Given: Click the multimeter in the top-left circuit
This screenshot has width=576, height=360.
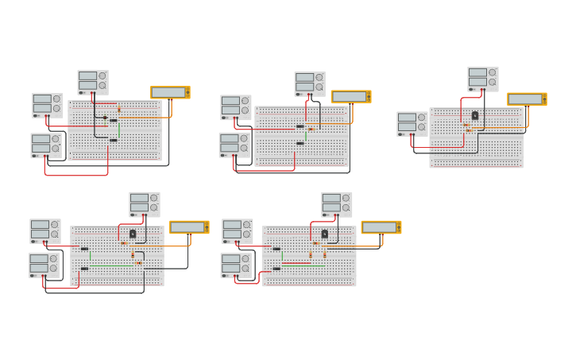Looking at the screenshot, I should (x=170, y=92).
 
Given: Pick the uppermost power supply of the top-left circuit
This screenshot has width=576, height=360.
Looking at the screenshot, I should (x=92, y=82).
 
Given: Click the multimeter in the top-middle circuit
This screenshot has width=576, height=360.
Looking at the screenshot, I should (x=350, y=96).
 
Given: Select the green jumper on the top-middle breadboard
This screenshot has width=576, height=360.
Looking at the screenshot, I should (x=306, y=134).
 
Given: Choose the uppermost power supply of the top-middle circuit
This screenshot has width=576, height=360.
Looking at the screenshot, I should (x=309, y=83).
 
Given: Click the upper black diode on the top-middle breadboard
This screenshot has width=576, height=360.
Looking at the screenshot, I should (x=300, y=126).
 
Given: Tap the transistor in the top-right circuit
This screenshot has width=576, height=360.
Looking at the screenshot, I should (x=475, y=115).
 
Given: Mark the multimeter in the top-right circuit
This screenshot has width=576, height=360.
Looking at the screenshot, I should (x=527, y=99).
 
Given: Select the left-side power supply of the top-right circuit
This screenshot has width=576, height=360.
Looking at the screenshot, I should (x=412, y=123).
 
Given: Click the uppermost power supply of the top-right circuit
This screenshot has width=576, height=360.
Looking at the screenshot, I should (x=482, y=78).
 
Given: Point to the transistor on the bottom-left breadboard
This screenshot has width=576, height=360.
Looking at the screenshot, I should (x=133, y=234).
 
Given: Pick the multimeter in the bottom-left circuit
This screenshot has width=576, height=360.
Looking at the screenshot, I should (x=188, y=227).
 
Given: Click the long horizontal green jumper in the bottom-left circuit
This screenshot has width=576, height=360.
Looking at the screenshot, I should (x=111, y=265).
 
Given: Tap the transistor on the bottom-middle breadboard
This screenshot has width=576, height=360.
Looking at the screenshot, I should (x=324, y=234).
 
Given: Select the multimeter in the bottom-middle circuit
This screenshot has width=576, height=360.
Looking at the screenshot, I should (x=381, y=227).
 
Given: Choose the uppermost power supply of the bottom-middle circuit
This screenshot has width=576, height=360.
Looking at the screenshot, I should (x=336, y=204).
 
